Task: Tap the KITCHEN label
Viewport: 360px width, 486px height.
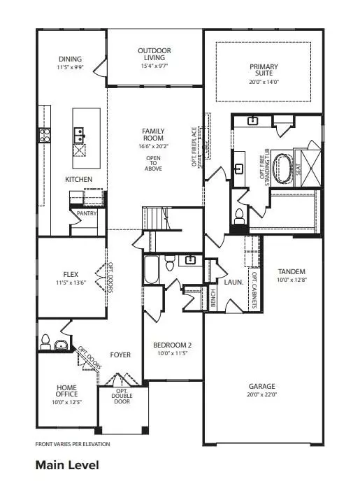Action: (78, 180)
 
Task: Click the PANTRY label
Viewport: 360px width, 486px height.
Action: (87, 214)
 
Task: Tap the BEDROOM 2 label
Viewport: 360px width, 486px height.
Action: (171, 345)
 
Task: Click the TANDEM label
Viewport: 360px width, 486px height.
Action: (291, 272)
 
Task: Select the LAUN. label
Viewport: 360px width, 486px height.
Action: (233, 283)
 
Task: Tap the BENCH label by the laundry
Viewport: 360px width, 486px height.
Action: (213, 296)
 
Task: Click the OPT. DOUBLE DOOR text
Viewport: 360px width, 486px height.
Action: (122, 396)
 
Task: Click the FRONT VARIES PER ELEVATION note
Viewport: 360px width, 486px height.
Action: (72, 444)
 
